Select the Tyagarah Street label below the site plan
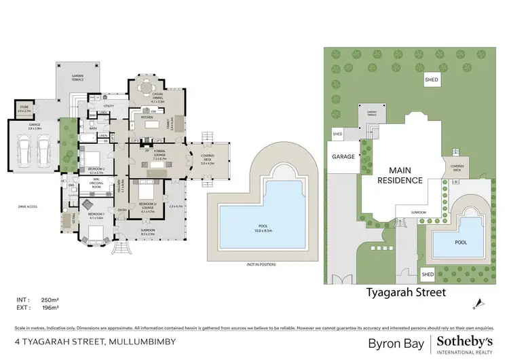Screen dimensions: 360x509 [405, 293]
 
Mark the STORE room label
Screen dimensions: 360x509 [24, 107]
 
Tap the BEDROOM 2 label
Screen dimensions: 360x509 [96, 169]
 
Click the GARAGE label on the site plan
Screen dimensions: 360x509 [343, 156]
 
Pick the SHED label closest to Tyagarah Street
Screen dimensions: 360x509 [428, 274]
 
